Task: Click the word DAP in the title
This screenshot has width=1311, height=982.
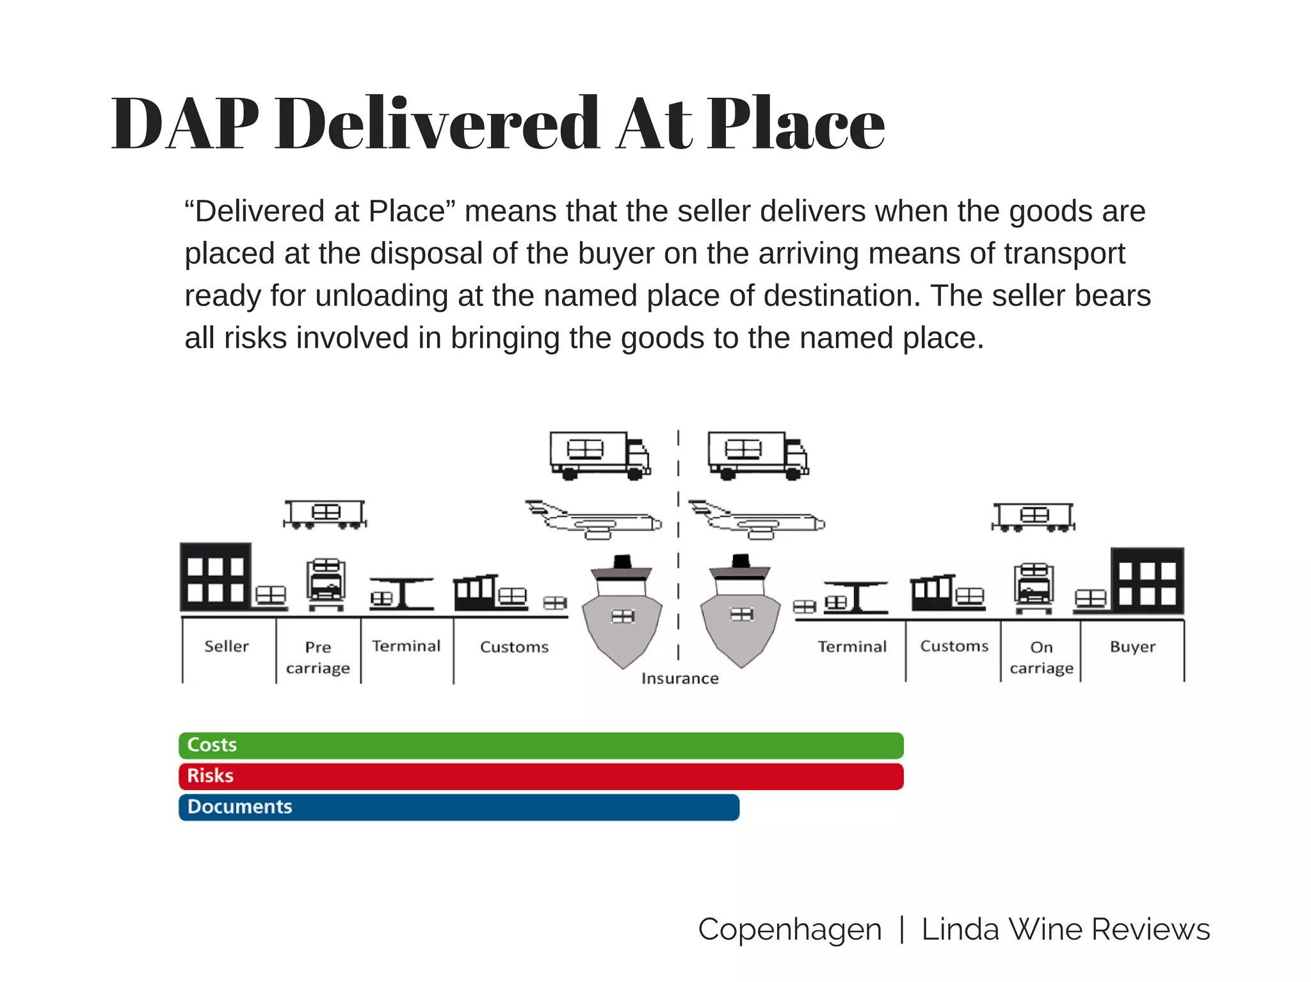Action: tap(185, 124)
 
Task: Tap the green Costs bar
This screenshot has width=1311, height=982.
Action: tap(541, 746)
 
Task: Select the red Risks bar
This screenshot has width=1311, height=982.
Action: tap(541, 777)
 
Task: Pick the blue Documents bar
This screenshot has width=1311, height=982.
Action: tap(459, 807)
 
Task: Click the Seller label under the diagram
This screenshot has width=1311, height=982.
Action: tap(227, 647)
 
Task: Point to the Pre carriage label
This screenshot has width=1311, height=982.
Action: tap(318, 657)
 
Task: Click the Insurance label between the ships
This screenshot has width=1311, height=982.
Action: tap(680, 679)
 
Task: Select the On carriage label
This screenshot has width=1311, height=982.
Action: tap(1042, 657)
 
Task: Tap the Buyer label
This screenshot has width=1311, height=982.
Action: tap(1132, 647)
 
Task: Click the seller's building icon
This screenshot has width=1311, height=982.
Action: tap(216, 577)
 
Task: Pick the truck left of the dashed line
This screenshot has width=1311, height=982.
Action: tap(600, 456)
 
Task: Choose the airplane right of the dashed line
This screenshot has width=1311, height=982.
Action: tap(757, 520)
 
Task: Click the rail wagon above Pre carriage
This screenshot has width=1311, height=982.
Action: tap(325, 514)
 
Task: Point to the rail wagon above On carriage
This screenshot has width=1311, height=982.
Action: tap(1033, 517)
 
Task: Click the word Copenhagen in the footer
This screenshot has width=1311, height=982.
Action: tap(789, 930)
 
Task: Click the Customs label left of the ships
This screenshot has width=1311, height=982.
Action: tap(514, 647)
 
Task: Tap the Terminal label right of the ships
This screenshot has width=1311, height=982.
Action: tap(852, 647)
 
